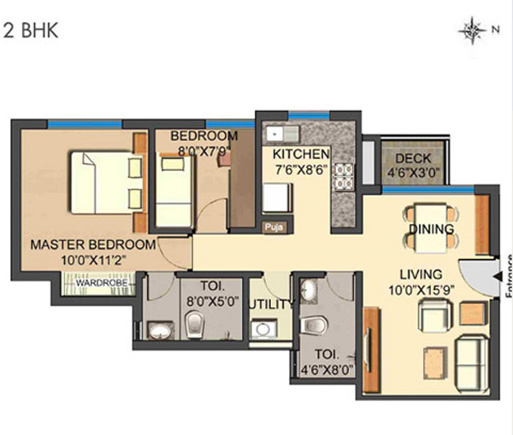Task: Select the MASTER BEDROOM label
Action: coord(93,244)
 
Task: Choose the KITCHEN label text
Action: coord(300,154)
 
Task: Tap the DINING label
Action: coord(424,229)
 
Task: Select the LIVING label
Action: coord(420,274)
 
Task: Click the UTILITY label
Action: coord(269,304)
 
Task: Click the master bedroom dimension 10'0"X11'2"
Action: coord(93,259)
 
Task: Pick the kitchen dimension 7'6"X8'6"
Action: coord(301,168)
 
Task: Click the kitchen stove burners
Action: coord(343,174)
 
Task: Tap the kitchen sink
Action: coord(280,133)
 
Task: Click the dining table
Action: coord(425,225)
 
